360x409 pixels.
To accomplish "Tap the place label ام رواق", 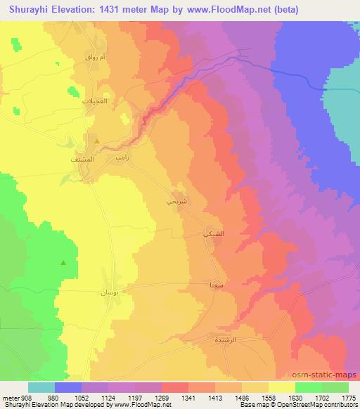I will click(x=96, y=57).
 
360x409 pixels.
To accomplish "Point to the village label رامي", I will click(x=120, y=158).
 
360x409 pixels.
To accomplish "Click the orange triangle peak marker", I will click(x=97, y=141).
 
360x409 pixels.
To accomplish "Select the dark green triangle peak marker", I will click(x=64, y=263).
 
